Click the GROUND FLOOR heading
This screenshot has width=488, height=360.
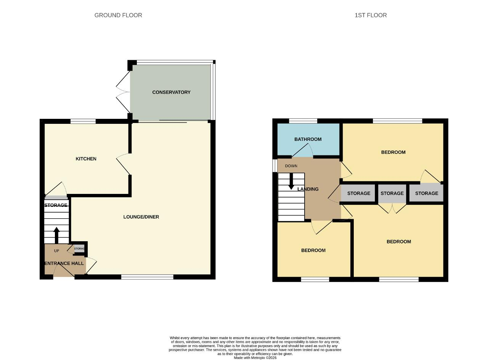coord(118,15)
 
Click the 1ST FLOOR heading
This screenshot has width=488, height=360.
coord(371,15)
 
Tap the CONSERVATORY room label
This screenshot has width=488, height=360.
coord(171,92)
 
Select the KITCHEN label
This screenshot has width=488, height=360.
coord(86,159)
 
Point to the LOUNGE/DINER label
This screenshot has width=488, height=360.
coord(141,217)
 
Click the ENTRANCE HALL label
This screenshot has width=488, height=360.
coord(64,263)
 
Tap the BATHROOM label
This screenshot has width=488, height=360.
coord(308,139)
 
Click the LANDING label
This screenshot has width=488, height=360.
coord(308,189)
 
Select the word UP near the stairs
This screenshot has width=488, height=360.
coord(56,251)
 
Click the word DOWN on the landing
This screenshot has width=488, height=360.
coord(291,166)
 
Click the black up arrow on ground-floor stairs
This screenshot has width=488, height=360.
coord(56,235)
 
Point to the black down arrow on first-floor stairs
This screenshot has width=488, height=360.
coord(291,182)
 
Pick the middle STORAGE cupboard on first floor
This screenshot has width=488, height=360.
coord(392,193)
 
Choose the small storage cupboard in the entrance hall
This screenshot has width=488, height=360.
coord(79,248)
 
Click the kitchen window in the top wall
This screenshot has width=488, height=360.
coord(83,121)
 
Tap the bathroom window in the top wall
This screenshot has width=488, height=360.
coord(303,121)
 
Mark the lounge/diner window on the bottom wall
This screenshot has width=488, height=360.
coord(147,277)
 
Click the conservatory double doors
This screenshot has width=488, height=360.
coord(123,92)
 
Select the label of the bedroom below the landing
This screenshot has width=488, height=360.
coord(313,250)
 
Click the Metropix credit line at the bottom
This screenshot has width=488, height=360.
coord(255,358)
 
